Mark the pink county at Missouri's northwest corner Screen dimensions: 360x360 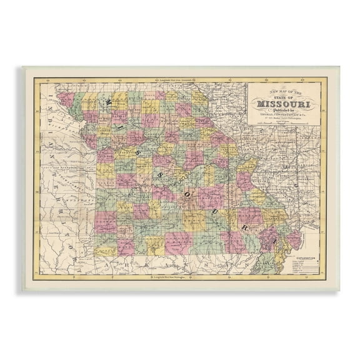64,100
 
